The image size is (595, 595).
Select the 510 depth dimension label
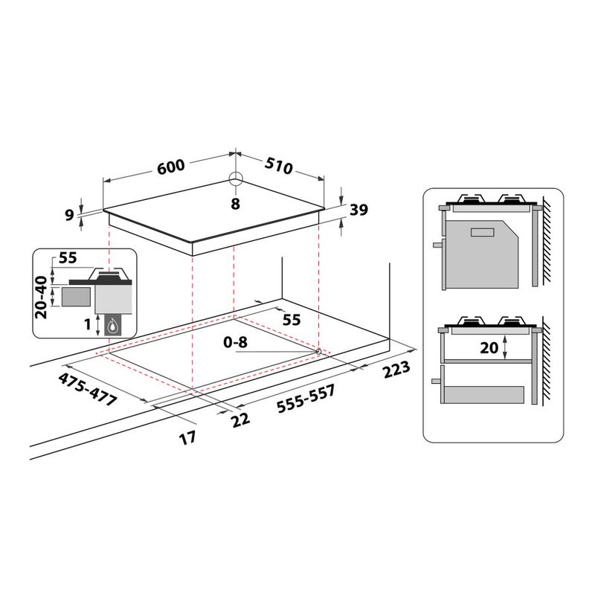pyautogui.click(x=279, y=167)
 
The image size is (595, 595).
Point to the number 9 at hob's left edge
pyautogui.click(x=70, y=215)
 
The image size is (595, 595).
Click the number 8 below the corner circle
pyautogui.click(x=235, y=203)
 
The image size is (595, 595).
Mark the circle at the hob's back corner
pyautogui.click(x=236, y=179)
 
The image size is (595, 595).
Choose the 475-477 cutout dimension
pyautogui.click(x=88, y=388)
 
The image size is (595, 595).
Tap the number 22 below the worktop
pyautogui.click(x=239, y=420)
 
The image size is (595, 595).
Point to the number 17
pyautogui.click(x=188, y=438)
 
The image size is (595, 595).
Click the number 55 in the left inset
pyautogui.click(x=68, y=258)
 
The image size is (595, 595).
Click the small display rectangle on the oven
pyautogui.click(x=482, y=232)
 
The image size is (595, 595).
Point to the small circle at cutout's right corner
pyautogui.click(x=318, y=351)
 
